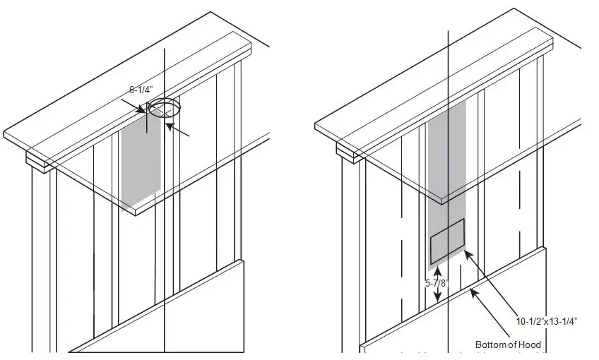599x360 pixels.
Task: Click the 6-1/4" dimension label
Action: [x=141, y=90]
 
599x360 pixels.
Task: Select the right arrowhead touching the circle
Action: [x=169, y=126]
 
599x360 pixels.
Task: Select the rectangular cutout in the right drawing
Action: [x=447, y=239]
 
